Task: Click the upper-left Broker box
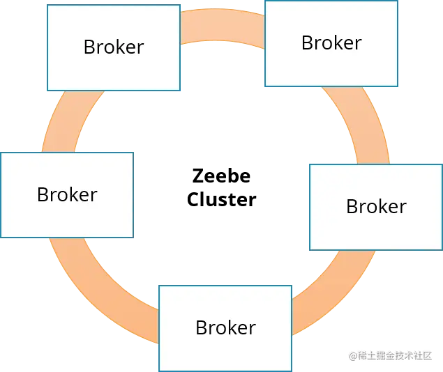(x=113, y=47)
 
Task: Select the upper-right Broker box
(x=331, y=43)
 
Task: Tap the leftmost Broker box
(x=66, y=195)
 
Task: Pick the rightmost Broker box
(x=375, y=207)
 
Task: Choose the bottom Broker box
(x=225, y=327)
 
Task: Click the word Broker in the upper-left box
(x=113, y=47)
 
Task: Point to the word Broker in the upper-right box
(x=331, y=43)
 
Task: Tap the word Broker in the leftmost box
(x=66, y=195)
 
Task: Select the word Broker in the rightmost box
(x=375, y=207)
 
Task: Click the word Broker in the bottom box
(x=225, y=327)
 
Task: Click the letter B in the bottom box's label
(x=201, y=327)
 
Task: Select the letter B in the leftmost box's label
(x=43, y=195)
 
